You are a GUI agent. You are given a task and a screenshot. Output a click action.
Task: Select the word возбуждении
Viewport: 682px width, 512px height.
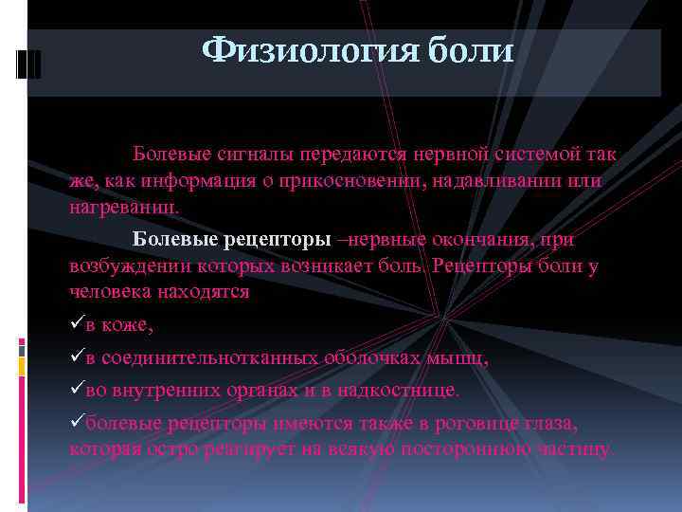(127, 266)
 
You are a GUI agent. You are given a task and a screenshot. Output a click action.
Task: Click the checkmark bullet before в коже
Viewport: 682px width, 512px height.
(77, 325)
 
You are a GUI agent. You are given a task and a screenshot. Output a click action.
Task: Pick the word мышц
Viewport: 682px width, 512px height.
(458, 358)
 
